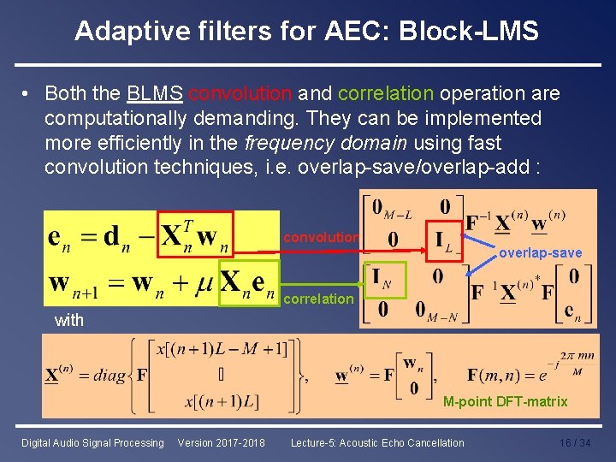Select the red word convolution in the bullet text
pos(240,92)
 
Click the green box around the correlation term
pos(248,282)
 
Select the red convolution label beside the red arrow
pos(322,236)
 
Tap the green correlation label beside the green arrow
pos(317,299)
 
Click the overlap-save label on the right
pos(540,252)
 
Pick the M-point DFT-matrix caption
pos(505,401)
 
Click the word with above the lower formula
pos(68,320)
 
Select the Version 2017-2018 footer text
pos(221,443)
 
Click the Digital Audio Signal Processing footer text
pos(92,443)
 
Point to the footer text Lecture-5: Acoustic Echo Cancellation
pos(377,443)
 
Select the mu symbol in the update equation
pos(204,282)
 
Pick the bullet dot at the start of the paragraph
pos(27,92)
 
